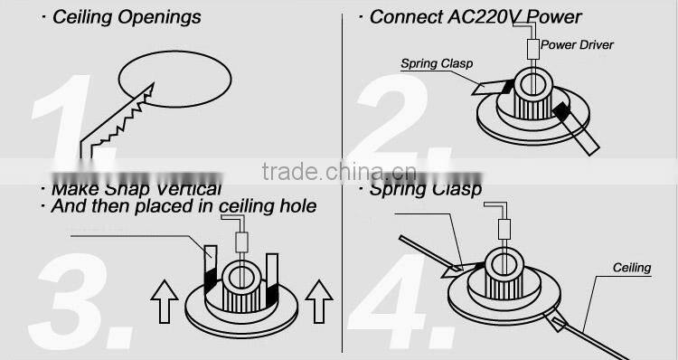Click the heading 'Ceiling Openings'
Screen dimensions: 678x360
click(127, 17)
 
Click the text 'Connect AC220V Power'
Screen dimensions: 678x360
click(476, 17)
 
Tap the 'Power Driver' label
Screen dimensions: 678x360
click(578, 45)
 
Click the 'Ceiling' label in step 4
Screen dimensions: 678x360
click(632, 268)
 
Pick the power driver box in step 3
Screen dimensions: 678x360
click(241, 242)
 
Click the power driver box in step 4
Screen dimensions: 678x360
click(504, 229)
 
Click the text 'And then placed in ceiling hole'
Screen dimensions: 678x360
click(183, 206)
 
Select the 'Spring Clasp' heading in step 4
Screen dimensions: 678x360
click(425, 189)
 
